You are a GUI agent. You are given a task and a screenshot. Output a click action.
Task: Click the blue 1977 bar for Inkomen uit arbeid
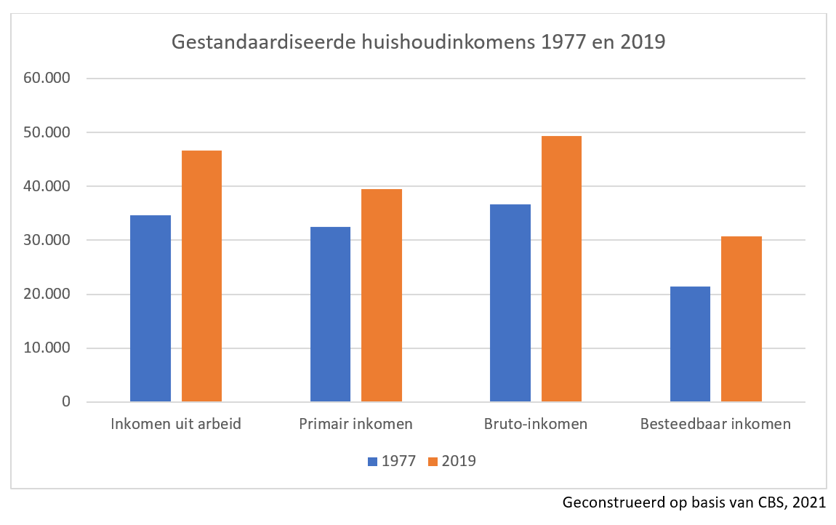click(x=150, y=308)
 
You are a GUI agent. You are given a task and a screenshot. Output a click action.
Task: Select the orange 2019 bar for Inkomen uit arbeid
click(x=201, y=276)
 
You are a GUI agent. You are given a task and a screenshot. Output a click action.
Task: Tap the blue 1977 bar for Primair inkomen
click(x=330, y=314)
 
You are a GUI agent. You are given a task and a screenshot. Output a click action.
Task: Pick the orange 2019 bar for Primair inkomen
click(x=382, y=295)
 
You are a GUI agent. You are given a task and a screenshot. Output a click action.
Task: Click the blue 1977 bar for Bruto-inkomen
click(x=510, y=303)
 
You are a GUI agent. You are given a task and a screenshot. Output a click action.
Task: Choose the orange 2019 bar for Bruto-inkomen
click(x=561, y=269)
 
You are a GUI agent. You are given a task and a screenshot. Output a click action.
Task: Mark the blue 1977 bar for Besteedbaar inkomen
click(x=690, y=344)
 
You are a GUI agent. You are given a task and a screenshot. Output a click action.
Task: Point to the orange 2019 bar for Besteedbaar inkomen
click(x=741, y=319)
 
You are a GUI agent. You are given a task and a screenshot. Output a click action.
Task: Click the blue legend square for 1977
click(x=373, y=461)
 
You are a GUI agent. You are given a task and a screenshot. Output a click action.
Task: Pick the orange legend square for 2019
click(x=433, y=461)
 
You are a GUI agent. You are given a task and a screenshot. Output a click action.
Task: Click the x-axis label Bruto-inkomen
click(x=536, y=423)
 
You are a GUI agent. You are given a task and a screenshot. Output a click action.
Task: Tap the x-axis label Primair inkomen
click(x=355, y=423)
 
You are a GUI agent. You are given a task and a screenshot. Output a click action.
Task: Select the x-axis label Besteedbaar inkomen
click(x=715, y=423)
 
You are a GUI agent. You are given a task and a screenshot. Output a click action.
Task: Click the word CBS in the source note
click(x=768, y=502)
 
